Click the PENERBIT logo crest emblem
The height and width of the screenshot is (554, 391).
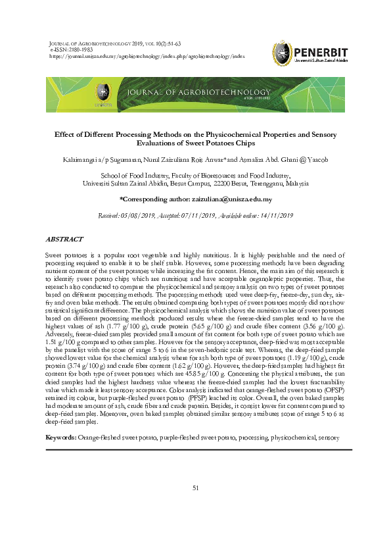[283, 52]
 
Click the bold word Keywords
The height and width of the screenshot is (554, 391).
[60, 437]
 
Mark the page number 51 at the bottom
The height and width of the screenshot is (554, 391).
[195, 488]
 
